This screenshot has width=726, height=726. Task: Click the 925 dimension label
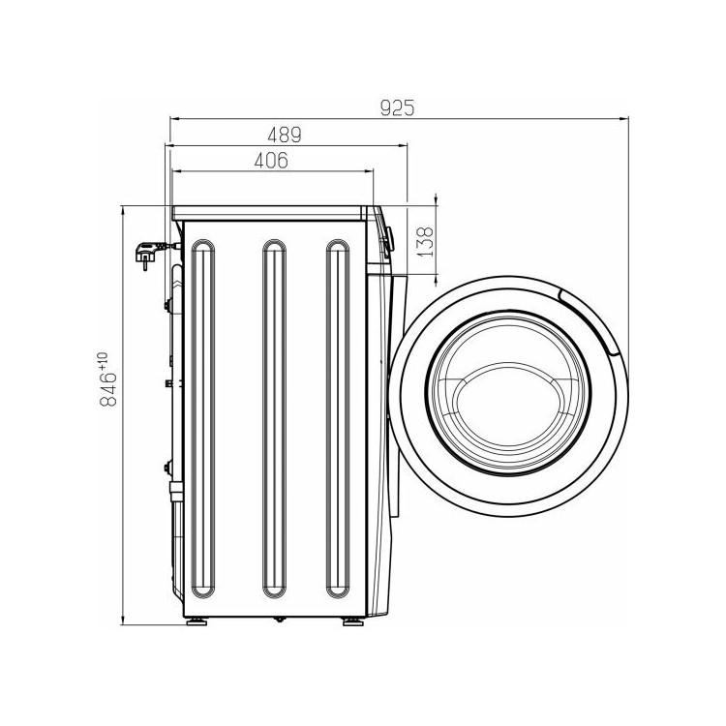coord(397,107)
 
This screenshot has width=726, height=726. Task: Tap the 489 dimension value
coord(285,135)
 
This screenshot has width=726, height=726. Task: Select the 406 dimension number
coord(271,160)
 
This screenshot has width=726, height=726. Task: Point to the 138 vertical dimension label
coord(425,241)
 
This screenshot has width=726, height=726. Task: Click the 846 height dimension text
coord(108,389)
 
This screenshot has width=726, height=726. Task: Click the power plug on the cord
coord(148,255)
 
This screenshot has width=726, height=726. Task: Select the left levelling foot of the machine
coord(197,621)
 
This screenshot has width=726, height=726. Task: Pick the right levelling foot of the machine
coord(353,621)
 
